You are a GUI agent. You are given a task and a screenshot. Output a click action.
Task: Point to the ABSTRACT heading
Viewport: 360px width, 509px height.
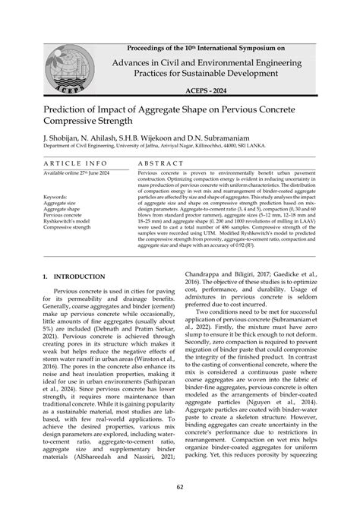163,163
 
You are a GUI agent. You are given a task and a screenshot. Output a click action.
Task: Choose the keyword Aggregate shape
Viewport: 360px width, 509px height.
65,210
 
